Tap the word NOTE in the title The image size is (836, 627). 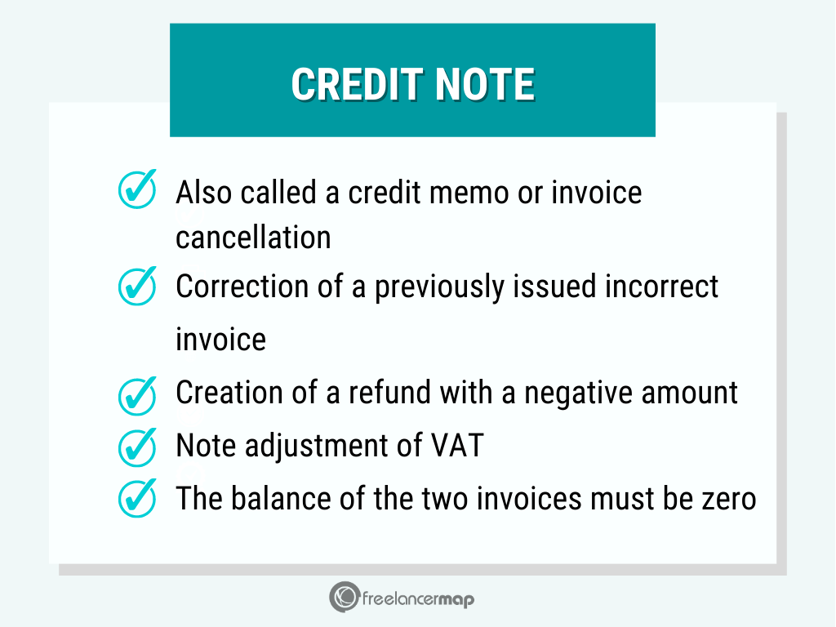point(485,84)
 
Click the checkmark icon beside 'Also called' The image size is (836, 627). point(137,189)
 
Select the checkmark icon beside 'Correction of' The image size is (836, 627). point(137,286)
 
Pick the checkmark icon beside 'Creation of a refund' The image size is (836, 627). point(137,396)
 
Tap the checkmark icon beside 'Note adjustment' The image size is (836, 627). point(137,447)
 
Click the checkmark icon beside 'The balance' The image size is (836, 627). point(137,498)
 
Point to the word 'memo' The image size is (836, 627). point(469,193)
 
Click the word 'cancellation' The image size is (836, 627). point(253,238)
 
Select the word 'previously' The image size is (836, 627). point(438,287)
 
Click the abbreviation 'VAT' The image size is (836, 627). point(457,445)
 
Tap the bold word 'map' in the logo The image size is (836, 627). point(456,600)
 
